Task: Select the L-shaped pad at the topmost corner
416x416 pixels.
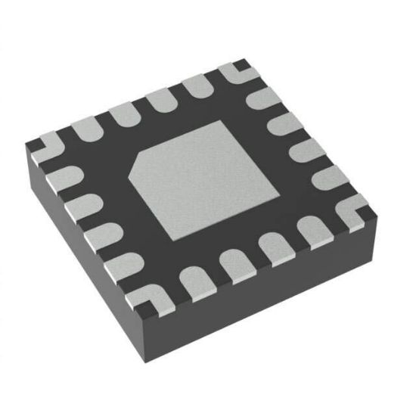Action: pyautogui.click(x=237, y=71)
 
